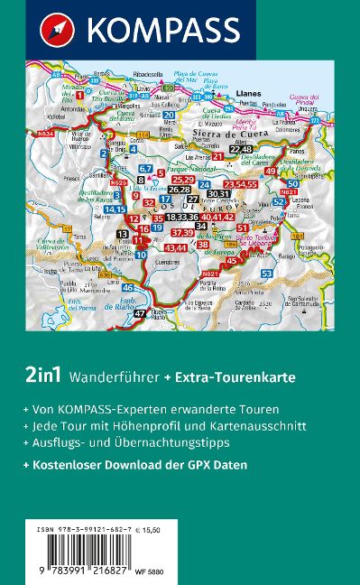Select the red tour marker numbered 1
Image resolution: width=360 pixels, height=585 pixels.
[x=80, y=95]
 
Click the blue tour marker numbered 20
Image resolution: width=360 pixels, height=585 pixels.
[x=170, y=115]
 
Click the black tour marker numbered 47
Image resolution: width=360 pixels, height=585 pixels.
[x=140, y=313]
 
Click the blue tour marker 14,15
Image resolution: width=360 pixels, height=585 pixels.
[x=115, y=209]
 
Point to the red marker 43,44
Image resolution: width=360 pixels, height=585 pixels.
[x=176, y=247]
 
